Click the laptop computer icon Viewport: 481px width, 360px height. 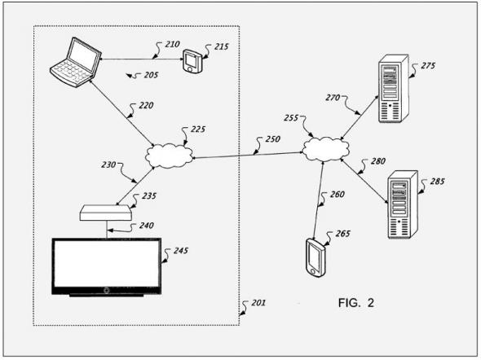click(x=76, y=63)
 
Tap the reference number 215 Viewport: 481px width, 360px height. click(x=221, y=46)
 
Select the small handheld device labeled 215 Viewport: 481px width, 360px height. click(x=192, y=61)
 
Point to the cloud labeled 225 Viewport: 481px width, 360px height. click(x=169, y=156)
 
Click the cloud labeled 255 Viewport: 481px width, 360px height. click(x=325, y=149)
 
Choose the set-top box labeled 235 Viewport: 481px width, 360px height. click(x=106, y=213)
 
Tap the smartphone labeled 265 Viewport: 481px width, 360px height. click(x=316, y=257)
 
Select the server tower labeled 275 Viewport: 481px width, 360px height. click(x=394, y=89)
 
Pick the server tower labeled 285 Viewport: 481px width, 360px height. click(x=403, y=204)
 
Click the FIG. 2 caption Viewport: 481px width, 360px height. click(x=356, y=303)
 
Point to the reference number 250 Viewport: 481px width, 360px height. click(x=273, y=139)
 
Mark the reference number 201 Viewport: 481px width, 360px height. click(x=258, y=303)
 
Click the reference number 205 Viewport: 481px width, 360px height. click(x=151, y=75)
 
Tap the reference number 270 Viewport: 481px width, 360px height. click(x=333, y=98)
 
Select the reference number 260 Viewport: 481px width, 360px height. click(x=338, y=194)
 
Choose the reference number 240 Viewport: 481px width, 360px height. click(x=146, y=226)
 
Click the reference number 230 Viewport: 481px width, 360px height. click(x=108, y=165)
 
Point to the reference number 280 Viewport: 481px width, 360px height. click(x=378, y=161)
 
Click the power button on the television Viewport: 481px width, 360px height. click(x=107, y=290)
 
